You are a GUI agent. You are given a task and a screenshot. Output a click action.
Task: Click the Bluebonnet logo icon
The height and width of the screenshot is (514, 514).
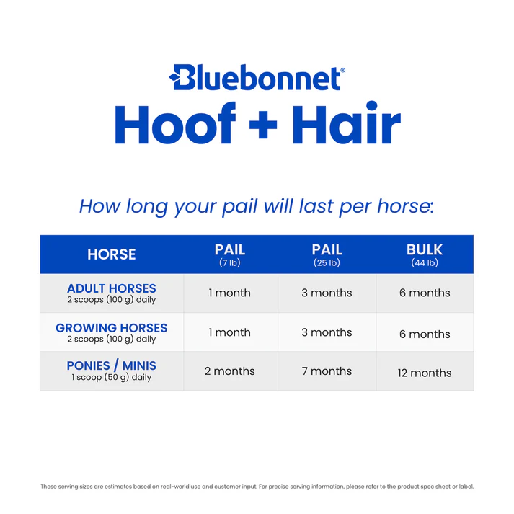[x=180, y=77]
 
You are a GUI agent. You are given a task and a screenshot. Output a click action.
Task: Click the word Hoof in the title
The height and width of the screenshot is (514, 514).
[x=175, y=124]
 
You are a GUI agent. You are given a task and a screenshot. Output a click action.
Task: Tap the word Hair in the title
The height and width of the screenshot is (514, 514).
[x=346, y=124]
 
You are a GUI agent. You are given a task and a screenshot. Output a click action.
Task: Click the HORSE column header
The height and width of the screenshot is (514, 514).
[x=112, y=254]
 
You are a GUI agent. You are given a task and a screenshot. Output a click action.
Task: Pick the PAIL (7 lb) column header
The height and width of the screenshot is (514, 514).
[x=230, y=254]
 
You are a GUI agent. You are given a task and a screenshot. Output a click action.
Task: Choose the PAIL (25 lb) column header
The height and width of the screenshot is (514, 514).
[x=327, y=254]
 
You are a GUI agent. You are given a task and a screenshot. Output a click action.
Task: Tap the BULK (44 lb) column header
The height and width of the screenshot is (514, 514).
[x=425, y=254]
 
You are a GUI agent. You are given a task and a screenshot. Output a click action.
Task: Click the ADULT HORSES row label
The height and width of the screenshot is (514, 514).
[x=112, y=288]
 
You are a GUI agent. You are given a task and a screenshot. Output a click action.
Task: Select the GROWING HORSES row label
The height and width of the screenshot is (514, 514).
[x=112, y=328]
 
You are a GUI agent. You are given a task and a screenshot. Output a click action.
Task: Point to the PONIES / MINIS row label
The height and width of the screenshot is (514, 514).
[x=112, y=366]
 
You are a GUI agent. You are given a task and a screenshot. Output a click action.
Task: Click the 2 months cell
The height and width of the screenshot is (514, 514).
[x=230, y=371]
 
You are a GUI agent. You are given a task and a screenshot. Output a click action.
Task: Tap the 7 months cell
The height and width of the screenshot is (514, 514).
[x=327, y=371]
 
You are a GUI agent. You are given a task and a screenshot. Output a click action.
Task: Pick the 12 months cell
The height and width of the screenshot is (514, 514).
[x=425, y=373]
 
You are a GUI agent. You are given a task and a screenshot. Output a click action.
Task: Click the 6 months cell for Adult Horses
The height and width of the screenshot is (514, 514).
[x=425, y=293]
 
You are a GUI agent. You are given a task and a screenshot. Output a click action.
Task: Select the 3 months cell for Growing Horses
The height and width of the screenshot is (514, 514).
[x=327, y=332]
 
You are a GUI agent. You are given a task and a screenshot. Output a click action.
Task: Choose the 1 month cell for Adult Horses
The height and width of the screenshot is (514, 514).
[x=230, y=293]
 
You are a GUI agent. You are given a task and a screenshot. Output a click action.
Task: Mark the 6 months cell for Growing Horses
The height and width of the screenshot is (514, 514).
[x=425, y=334]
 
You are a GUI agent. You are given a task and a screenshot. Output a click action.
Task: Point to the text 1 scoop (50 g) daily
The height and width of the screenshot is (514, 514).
[x=112, y=377]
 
